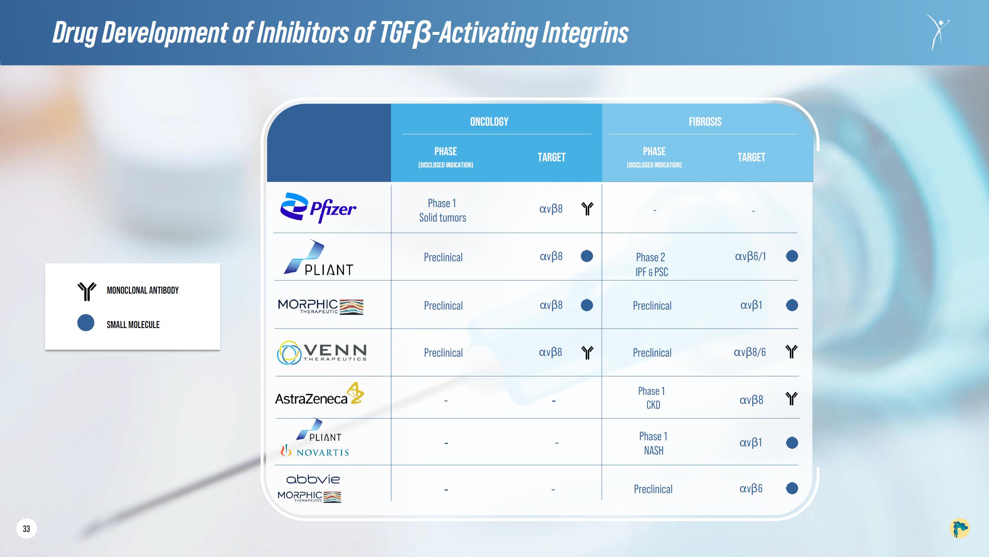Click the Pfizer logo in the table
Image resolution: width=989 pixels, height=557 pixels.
coord(318,208)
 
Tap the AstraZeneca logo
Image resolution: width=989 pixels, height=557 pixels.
coord(319,394)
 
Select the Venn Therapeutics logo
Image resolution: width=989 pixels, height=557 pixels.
coord(322,353)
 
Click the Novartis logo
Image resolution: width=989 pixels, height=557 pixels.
coord(314,451)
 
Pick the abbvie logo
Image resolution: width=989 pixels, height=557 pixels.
coord(313,479)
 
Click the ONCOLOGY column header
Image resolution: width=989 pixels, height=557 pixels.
coord(489,122)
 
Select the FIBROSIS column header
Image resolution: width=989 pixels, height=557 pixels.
coord(705,122)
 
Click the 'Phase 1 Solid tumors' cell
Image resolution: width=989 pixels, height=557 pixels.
coord(443,210)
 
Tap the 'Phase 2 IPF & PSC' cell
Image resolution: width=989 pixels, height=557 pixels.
coord(651,264)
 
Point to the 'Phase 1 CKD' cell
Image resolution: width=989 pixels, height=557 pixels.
coord(652,398)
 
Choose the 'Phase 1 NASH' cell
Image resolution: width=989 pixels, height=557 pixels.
coord(653,443)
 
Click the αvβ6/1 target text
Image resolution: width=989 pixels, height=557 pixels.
coord(750,257)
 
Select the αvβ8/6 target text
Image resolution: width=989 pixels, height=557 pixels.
coord(750,352)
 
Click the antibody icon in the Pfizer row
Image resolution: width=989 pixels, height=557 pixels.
coord(587,208)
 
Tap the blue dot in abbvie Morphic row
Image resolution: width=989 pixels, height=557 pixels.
coord(792,488)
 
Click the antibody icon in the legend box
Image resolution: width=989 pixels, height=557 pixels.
coord(87,291)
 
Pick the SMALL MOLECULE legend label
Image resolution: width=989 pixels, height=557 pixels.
coord(133,325)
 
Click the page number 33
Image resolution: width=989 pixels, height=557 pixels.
coord(26,529)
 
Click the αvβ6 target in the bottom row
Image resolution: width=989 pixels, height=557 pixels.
coord(751,489)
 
